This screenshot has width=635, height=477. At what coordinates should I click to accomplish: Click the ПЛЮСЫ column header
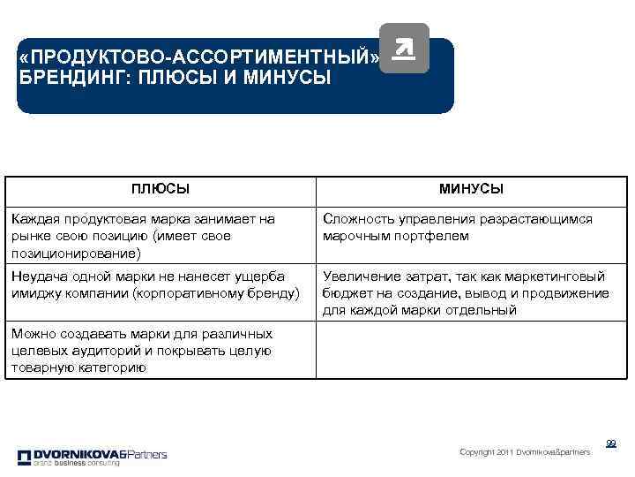pyautogui.click(x=160, y=189)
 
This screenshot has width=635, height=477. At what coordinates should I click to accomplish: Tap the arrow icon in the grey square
pyautogui.click(x=403, y=49)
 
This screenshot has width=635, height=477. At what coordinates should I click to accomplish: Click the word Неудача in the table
pyautogui.click(x=41, y=276)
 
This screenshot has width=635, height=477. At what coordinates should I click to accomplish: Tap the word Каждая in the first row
pyautogui.click(x=38, y=219)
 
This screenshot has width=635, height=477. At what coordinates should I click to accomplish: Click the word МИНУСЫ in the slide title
pyautogui.click(x=288, y=77)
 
